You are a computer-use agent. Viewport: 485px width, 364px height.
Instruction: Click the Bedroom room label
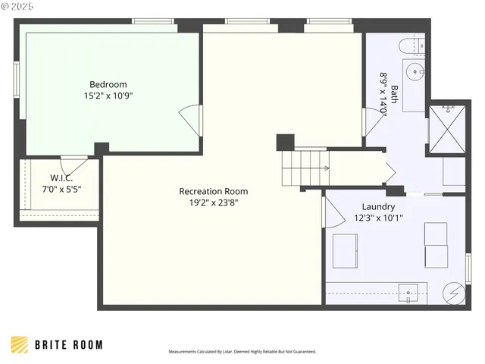[108, 84]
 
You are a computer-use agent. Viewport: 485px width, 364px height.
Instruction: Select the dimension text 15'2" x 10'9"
[108, 96]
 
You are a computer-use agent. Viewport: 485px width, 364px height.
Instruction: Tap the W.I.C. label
[61, 178]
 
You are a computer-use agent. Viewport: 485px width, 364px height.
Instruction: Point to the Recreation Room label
[213, 191]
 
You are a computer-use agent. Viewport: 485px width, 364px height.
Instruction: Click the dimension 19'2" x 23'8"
[213, 202]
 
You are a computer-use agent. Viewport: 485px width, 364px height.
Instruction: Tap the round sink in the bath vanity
[415, 74]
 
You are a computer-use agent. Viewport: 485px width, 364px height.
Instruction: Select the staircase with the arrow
[303, 168]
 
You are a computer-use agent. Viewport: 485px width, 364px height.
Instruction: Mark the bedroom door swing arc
[188, 121]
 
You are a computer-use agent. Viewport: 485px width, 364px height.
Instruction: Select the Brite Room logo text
[69, 345]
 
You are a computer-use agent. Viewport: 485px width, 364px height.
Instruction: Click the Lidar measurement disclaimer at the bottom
[242, 352]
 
